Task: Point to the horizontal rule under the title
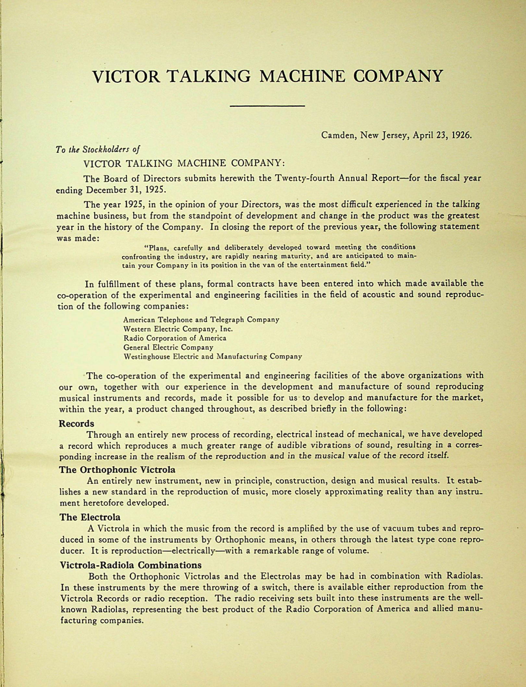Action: (x=267, y=106)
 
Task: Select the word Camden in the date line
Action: (x=337, y=135)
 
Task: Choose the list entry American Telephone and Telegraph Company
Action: (x=201, y=319)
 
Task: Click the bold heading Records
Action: (x=77, y=423)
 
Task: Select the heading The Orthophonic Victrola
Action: (x=117, y=470)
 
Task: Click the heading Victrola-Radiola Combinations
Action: (x=130, y=565)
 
